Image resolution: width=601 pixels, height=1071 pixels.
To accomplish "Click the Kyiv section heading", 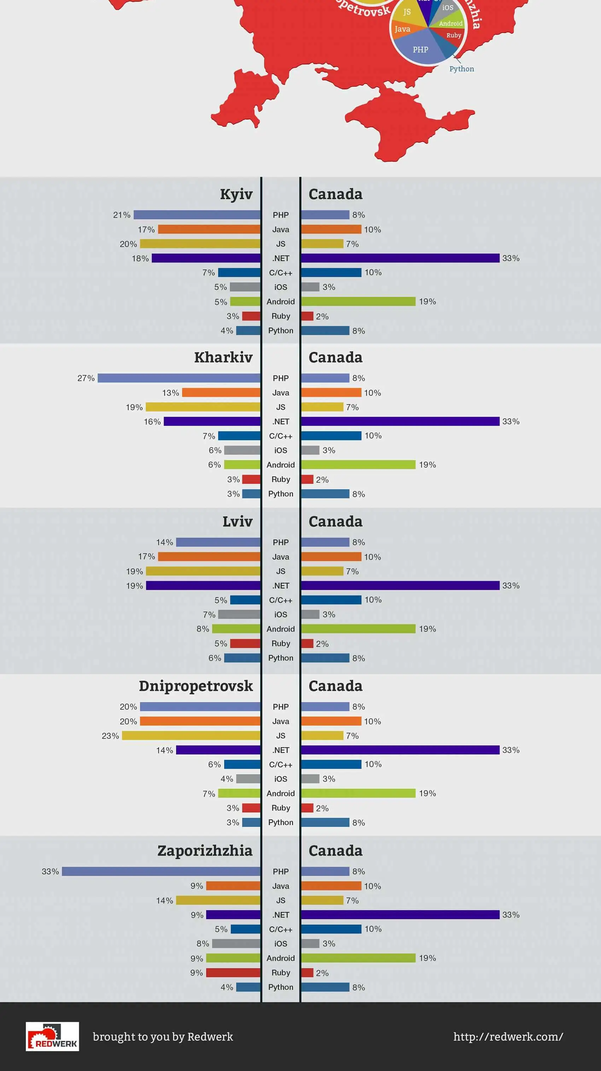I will [x=236, y=194].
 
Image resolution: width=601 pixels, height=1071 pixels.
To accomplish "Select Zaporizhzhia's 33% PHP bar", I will [x=161, y=872].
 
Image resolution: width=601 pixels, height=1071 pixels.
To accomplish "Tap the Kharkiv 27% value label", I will [x=86, y=378].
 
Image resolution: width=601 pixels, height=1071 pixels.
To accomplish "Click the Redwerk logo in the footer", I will [x=52, y=1036].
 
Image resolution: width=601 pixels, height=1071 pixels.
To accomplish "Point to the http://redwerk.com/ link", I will [x=508, y=1036].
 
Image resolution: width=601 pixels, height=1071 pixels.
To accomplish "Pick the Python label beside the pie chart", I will [x=461, y=69].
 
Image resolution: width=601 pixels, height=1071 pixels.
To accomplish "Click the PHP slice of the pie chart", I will [x=420, y=50].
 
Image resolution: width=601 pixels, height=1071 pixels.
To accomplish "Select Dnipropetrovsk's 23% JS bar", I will [x=191, y=735].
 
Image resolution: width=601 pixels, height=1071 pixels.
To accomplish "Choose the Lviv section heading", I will [x=237, y=521].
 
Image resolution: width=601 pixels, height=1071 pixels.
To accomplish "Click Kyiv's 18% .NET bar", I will [x=206, y=258].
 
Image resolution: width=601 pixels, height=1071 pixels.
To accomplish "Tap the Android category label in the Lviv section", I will [x=281, y=629].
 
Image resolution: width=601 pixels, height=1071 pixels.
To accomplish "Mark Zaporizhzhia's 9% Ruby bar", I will [x=233, y=972].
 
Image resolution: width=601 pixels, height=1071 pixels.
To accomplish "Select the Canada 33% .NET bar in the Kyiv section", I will [x=400, y=258].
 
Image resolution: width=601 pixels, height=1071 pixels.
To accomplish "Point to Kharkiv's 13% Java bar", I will [x=221, y=393].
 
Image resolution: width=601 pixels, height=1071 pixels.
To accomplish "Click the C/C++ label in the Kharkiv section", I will [x=281, y=436].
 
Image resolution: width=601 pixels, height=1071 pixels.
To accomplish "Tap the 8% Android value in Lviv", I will [x=203, y=629].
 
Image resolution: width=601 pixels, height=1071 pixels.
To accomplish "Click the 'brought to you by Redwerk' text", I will [x=163, y=1036].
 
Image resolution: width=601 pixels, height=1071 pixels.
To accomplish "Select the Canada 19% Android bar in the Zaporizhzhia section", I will [x=358, y=958].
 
